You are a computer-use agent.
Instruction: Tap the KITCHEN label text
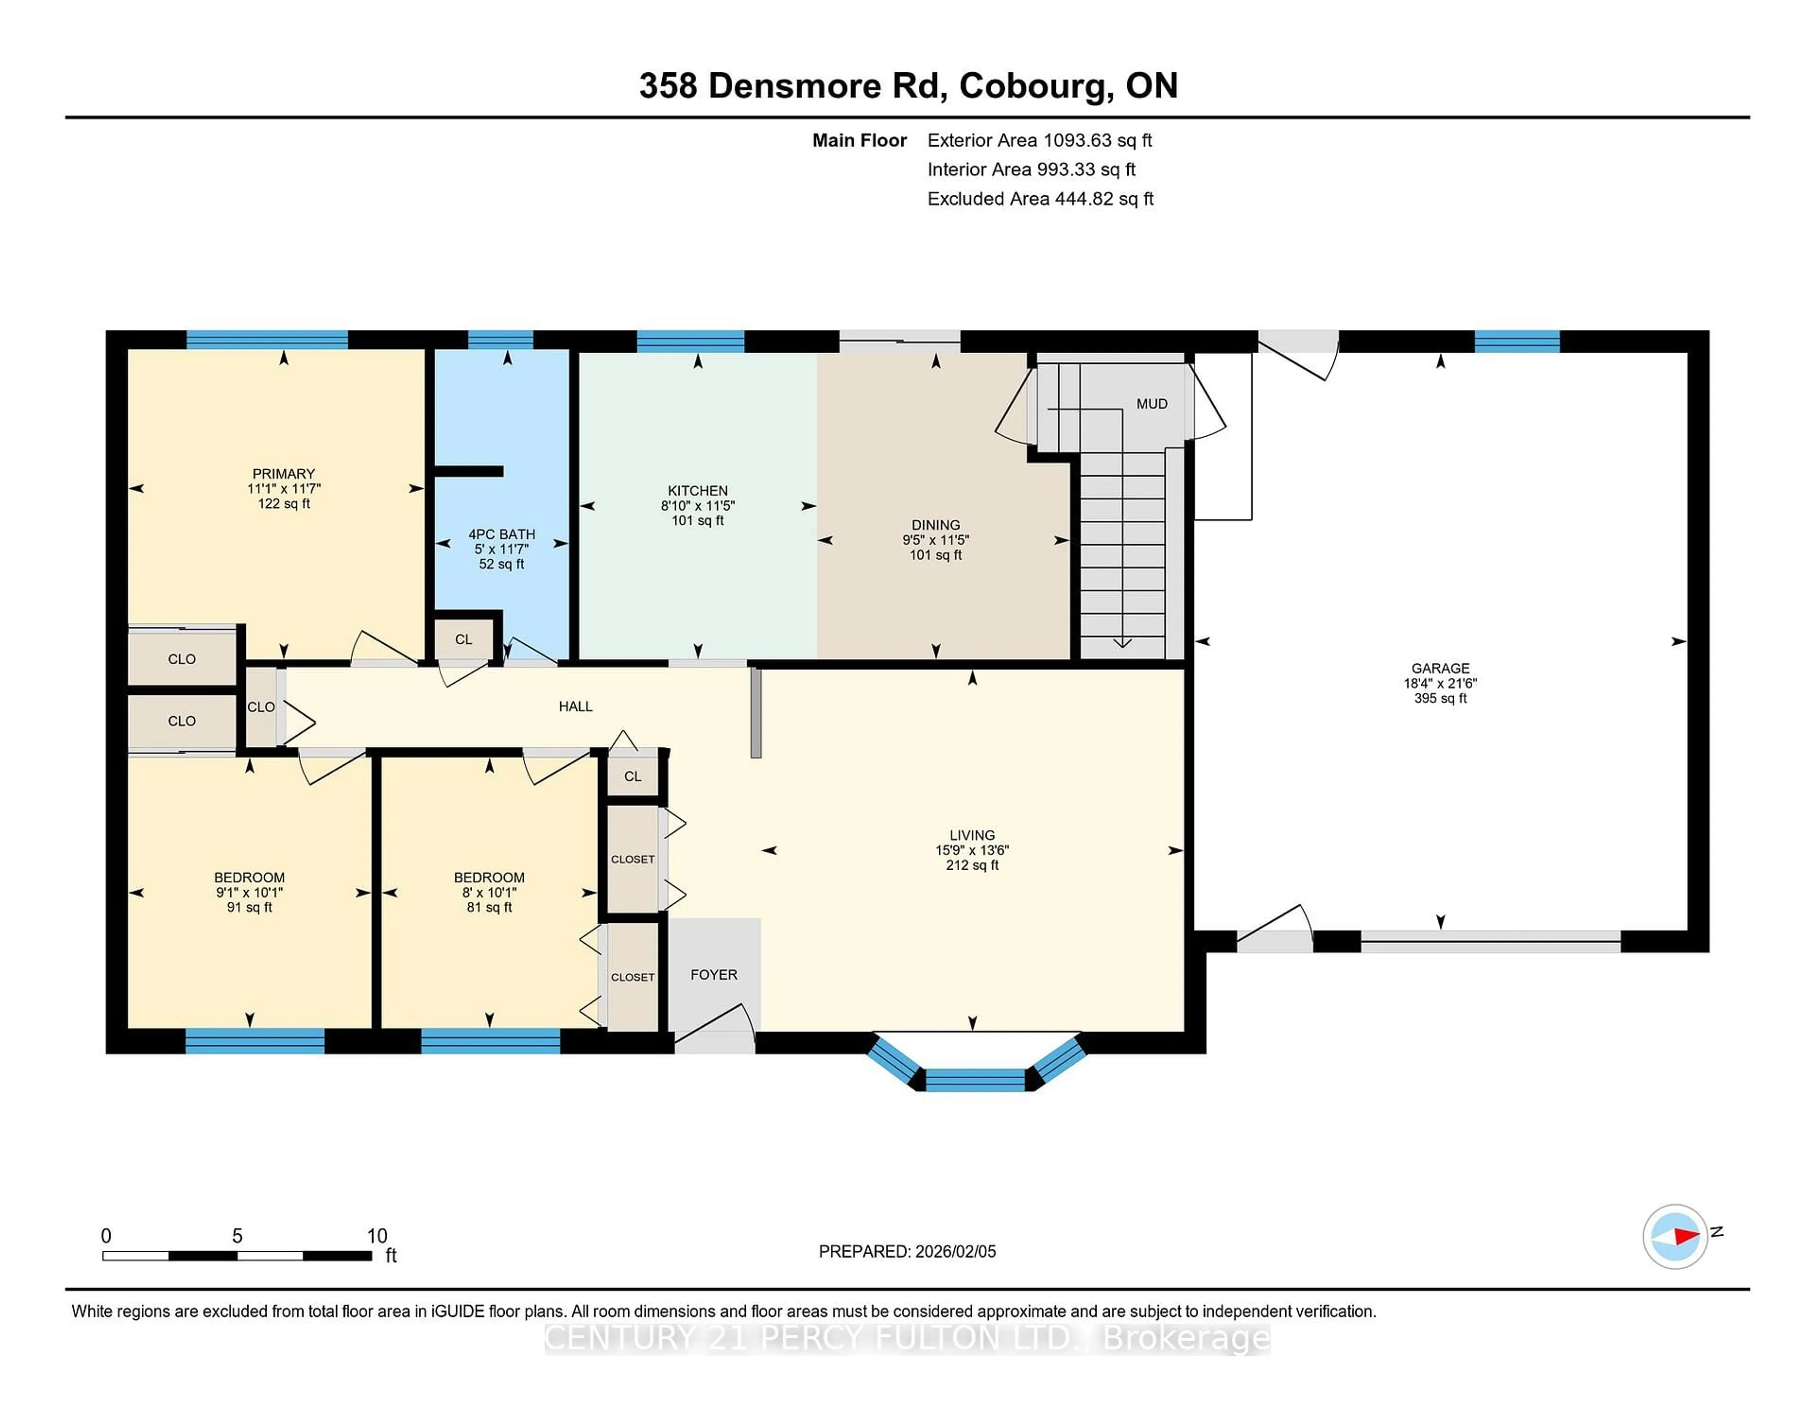click(697, 490)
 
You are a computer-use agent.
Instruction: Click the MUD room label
click(1151, 404)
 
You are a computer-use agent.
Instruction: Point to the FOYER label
click(713, 974)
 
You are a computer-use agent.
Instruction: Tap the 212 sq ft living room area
click(971, 865)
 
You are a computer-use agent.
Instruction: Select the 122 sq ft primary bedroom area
click(284, 504)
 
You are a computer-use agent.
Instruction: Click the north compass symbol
click(1675, 1236)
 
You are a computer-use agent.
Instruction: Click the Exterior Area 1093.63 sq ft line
click(1039, 140)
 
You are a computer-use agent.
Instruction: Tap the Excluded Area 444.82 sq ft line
click(1040, 199)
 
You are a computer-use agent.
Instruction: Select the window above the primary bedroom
click(267, 339)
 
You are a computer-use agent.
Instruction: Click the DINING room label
click(935, 524)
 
